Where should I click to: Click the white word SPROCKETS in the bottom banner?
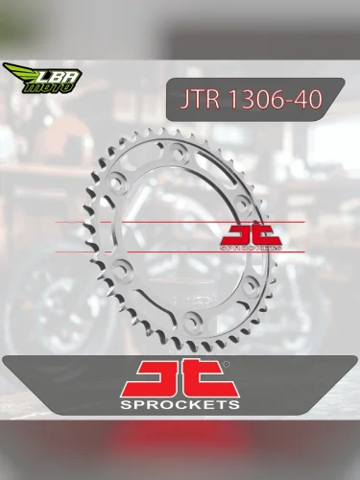[180, 406]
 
